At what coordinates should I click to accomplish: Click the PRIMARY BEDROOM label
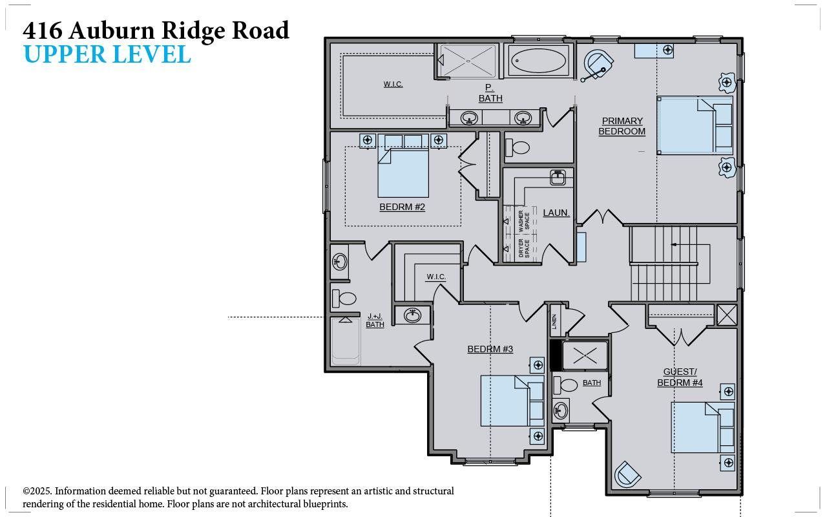(x=622, y=126)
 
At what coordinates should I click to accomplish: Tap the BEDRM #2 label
(x=402, y=207)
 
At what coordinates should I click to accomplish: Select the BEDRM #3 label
(x=490, y=349)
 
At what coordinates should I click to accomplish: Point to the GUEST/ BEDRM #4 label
(x=680, y=377)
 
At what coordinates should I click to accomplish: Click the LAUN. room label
(x=556, y=213)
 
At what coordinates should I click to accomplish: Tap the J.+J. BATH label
(x=375, y=321)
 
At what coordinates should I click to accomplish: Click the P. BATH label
(x=490, y=92)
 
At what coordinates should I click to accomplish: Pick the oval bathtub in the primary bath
(x=538, y=61)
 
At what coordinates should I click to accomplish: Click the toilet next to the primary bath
(x=518, y=147)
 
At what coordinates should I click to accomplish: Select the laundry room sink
(x=558, y=178)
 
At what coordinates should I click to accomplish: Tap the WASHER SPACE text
(x=524, y=221)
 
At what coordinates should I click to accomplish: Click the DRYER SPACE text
(x=524, y=248)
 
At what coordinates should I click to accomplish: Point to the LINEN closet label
(x=554, y=321)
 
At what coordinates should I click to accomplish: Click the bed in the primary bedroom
(x=695, y=125)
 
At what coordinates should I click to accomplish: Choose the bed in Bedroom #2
(x=403, y=166)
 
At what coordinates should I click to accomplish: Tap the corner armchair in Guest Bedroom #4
(x=627, y=474)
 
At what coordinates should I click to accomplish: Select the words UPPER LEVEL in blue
(x=107, y=54)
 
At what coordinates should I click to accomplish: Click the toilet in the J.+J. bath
(x=344, y=299)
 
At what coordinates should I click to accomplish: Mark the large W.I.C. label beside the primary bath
(x=393, y=84)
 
